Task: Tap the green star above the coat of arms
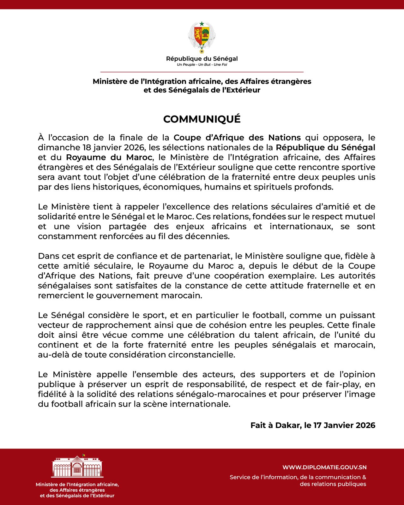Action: [x=202, y=24]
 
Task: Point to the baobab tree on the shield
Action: [x=206, y=33]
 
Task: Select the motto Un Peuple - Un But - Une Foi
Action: [x=202, y=65]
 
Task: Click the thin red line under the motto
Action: [x=202, y=72]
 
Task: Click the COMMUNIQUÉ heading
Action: [x=202, y=119]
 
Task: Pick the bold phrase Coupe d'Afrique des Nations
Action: [x=237, y=138]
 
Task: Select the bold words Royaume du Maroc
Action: [x=109, y=157]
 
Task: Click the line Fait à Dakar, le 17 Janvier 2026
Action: [x=313, y=425]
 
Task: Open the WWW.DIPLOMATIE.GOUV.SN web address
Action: [x=324, y=467]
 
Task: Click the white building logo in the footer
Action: [x=77, y=466]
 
